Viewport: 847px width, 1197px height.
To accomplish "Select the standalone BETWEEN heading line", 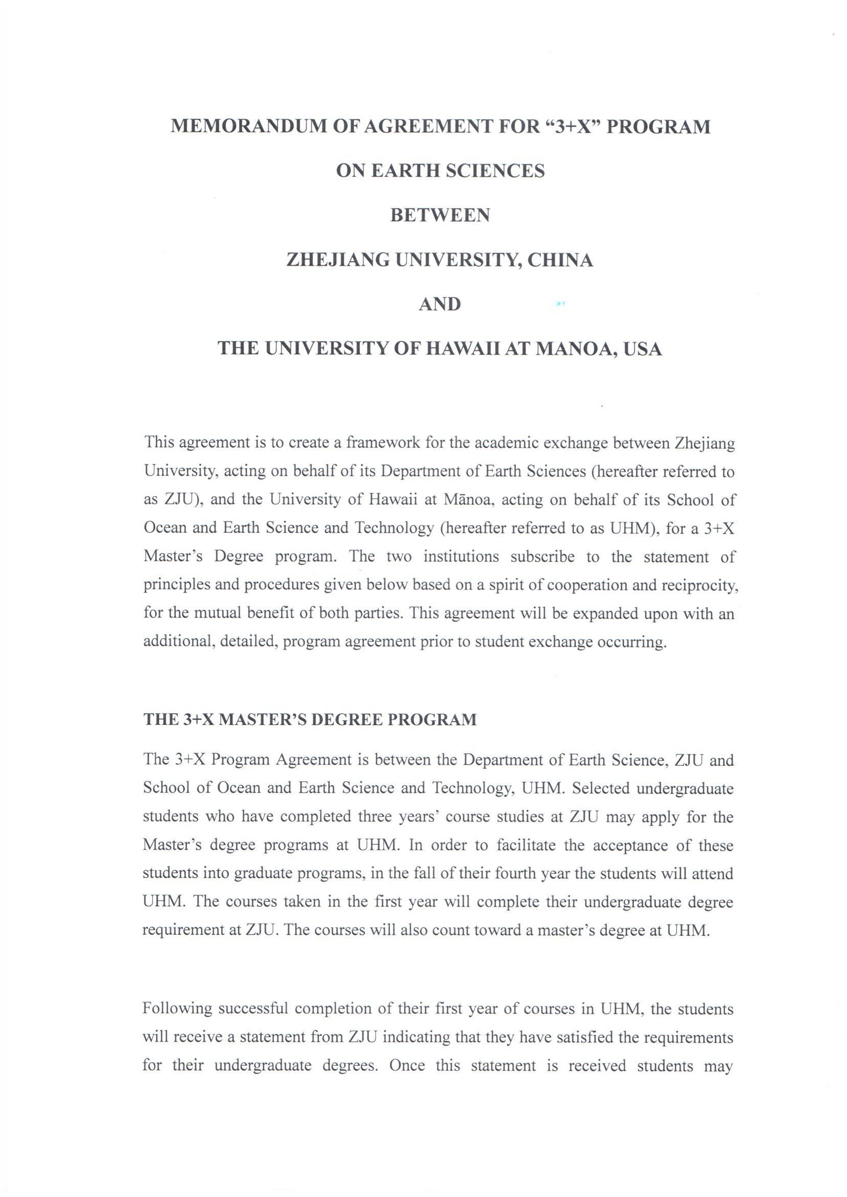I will point(440,215).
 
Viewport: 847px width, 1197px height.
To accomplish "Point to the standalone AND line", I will point(440,304).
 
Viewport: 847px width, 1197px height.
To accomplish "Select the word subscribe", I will point(542,557).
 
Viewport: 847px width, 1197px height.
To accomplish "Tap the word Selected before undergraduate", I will point(601,788).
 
